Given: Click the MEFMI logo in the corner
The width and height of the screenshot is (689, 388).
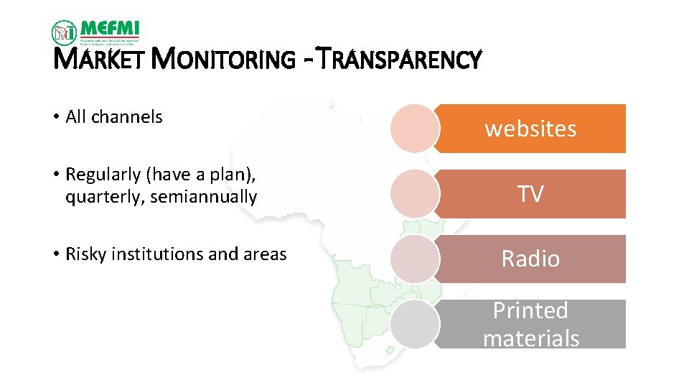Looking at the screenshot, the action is [95, 32].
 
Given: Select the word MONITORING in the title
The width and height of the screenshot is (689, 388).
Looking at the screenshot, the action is [222, 60].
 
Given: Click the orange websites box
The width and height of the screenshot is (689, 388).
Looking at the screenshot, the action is [531, 129].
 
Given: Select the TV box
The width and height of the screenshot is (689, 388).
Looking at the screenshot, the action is [531, 194].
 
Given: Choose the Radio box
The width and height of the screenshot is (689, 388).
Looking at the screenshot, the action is [531, 259].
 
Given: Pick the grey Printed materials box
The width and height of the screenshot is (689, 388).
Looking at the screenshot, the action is [531, 324].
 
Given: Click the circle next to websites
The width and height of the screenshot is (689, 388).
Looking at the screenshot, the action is [415, 129].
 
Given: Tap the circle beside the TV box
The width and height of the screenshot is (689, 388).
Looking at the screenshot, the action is [415, 194].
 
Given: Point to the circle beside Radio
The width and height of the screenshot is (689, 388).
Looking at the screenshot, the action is [415, 259].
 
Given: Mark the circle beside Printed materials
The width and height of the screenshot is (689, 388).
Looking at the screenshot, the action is [415, 325].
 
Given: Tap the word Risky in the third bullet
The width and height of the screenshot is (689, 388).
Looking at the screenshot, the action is [84, 254].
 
